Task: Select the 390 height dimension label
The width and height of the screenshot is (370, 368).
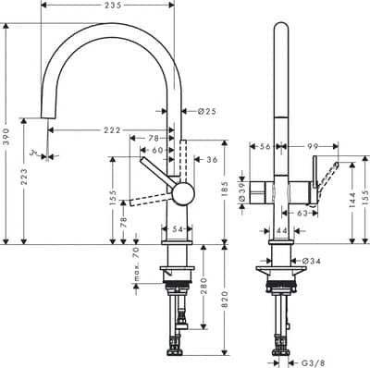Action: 7,133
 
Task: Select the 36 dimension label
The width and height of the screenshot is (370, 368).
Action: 211,160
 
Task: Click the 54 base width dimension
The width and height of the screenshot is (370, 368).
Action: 177,228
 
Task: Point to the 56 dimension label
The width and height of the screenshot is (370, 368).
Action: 264,146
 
